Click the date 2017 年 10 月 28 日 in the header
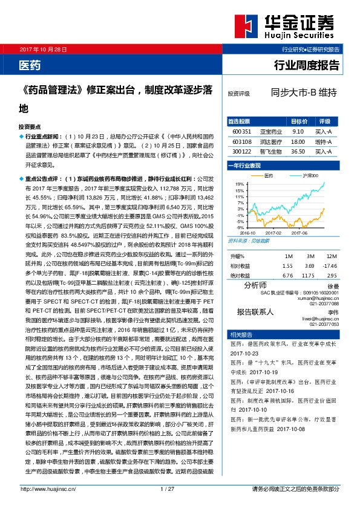point(44,48)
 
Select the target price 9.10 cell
point(297,130)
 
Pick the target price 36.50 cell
point(297,152)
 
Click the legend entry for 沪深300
point(307,176)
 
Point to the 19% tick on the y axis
point(240,184)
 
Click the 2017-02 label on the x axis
point(274,232)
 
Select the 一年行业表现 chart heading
point(247,164)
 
